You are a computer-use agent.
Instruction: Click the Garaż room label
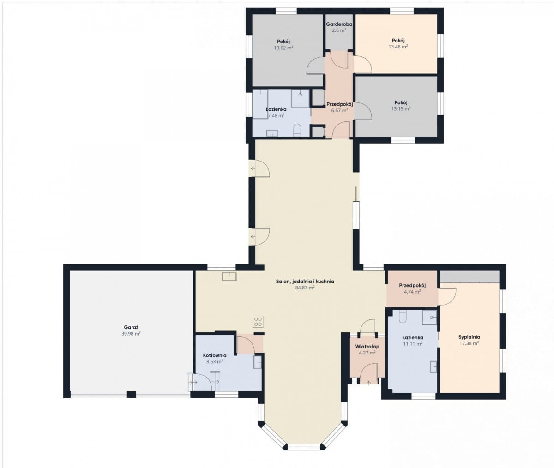[x=131, y=327]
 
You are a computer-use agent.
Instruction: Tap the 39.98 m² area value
[x=131, y=334]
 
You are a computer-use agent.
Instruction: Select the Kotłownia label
[x=215, y=355]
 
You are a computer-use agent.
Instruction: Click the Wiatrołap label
[x=367, y=347]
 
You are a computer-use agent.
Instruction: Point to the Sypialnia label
[x=469, y=337]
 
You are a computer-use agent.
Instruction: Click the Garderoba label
[x=339, y=24]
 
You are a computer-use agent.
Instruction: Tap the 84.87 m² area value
[x=305, y=288]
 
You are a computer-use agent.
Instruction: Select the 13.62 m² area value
[x=283, y=48]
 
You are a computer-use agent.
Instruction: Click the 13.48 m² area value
[x=398, y=47]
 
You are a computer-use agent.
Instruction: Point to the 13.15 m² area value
[x=401, y=108]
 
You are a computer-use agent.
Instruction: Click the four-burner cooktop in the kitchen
[x=258, y=321]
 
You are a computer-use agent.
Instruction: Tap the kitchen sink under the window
[x=229, y=276]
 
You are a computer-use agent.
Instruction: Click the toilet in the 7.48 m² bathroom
[x=297, y=130]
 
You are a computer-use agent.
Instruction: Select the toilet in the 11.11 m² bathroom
[x=403, y=316]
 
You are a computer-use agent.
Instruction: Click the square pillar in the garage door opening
[x=131, y=395]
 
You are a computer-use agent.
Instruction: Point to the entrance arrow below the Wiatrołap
[x=368, y=382]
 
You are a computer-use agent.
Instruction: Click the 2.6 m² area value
[x=339, y=30]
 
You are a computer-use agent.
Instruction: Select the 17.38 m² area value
[x=469, y=343]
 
